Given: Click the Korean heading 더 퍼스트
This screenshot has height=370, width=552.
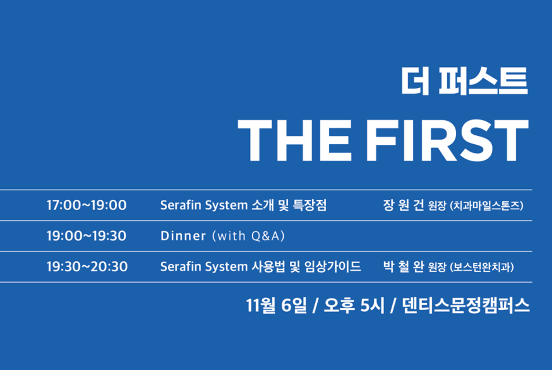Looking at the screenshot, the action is pyautogui.click(x=464, y=80).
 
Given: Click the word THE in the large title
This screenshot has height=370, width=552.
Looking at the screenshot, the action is pyautogui.click(x=295, y=140).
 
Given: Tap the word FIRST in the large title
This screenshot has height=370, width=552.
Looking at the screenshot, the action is pyautogui.click(x=448, y=140).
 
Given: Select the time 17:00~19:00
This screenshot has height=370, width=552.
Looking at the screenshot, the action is pyautogui.click(x=86, y=205).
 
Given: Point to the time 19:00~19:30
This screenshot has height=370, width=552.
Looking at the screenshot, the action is pyautogui.click(x=86, y=236).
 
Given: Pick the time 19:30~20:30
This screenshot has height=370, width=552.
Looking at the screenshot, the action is pyautogui.click(x=87, y=266).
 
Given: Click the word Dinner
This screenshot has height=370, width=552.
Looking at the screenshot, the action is pyautogui.click(x=183, y=236).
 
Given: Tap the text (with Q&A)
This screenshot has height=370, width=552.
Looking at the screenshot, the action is pyautogui.click(x=249, y=236).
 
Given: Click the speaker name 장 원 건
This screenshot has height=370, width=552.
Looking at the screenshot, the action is pyautogui.click(x=403, y=205).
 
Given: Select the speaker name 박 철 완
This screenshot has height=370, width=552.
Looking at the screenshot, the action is pyautogui.click(x=403, y=266).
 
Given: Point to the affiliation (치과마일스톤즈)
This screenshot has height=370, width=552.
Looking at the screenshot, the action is pyautogui.click(x=487, y=206).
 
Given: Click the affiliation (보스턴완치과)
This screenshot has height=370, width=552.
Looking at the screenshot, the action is pyautogui.click(x=482, y=267).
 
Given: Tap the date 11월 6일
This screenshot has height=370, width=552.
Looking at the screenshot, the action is pyautogui.click(x=276, y=305).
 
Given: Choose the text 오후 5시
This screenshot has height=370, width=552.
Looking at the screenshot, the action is pyautogui.click(x=354, y=305).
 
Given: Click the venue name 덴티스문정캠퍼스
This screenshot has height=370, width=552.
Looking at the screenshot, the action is pyautogui.click(x=466, y=305).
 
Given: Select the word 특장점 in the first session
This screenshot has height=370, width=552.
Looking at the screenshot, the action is pyautogui.click(x=310, y=205).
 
